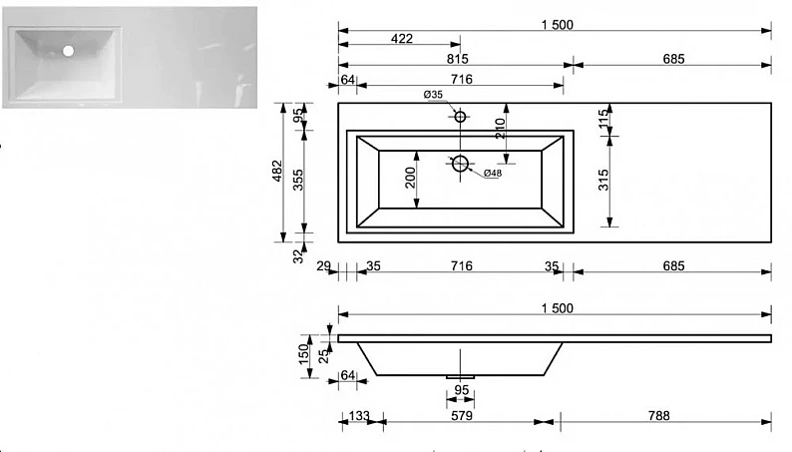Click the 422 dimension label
[x=402, y=39]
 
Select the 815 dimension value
[x=458, y=59]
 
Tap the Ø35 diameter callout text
[x=433, y=95]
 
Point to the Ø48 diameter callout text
[x=493, y=174]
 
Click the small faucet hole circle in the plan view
[x=460, y=117]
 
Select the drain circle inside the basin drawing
[x=460, y=163]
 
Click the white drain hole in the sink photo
[x=68, y=51]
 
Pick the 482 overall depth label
[x=277, y=171]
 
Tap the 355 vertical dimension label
[x=298, y=180]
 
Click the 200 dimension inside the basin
[x=410, y=178]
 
